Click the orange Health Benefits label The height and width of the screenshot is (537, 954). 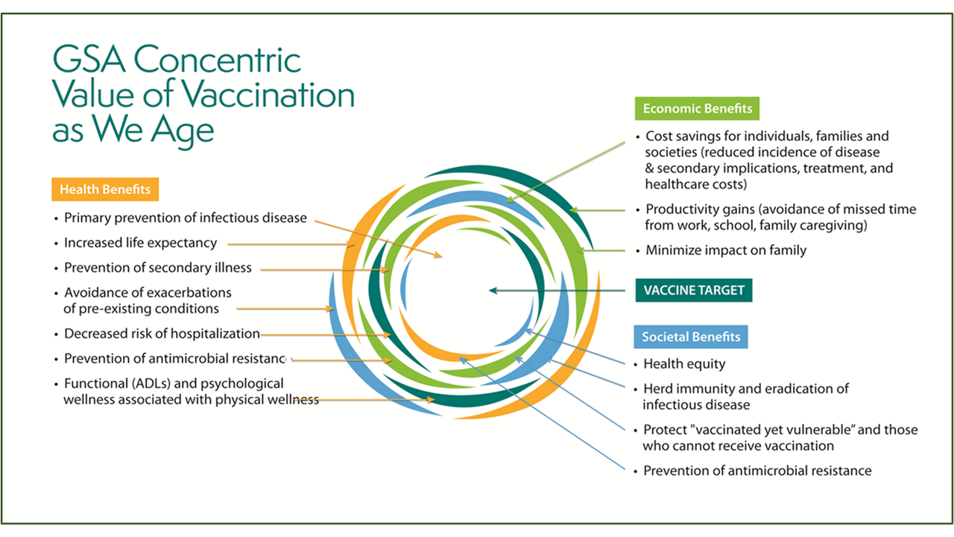tap(105, 189)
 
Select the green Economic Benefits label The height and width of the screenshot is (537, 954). tap(698, 109)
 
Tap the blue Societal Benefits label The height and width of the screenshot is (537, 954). tap(691, 336)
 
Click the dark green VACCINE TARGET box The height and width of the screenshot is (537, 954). tap(694, 290)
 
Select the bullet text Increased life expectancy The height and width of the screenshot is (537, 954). tap(140, 242)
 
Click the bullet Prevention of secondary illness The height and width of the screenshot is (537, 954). tap(157, 267)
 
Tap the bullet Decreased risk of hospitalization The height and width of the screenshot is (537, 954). tap(162, 333)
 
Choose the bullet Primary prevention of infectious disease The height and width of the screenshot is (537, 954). tap(185, 218)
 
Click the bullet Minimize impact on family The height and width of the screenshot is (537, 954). tap(725, 251)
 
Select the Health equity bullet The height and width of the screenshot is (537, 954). tap(683, 364)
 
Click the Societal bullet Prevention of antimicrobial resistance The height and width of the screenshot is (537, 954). tap(756, 471)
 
